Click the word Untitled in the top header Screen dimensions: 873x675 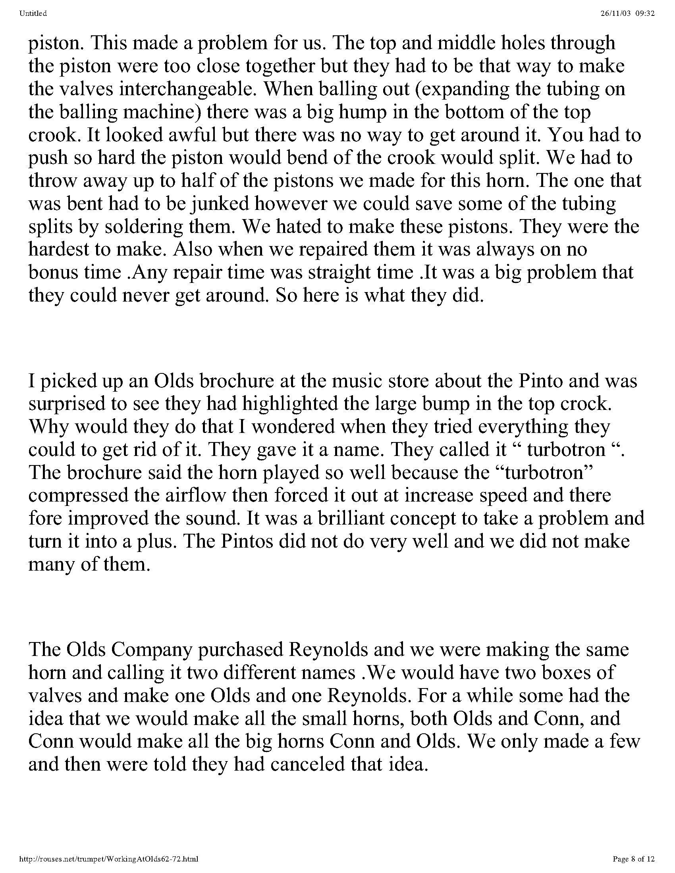click(x=33, y=13)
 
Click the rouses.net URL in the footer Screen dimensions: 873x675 click(x=109, y=859)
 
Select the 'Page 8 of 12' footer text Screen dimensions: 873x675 click(x=633, y=859)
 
